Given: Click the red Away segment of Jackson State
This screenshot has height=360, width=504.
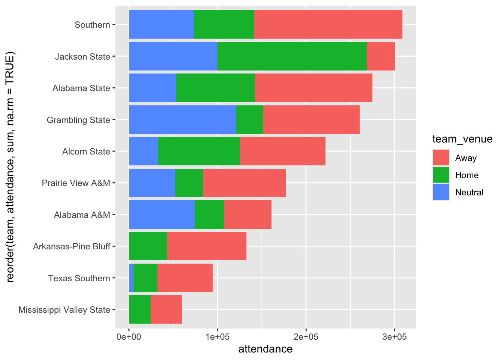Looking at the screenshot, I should (381, 56).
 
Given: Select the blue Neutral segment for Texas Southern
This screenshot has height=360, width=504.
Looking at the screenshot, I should (131, 278).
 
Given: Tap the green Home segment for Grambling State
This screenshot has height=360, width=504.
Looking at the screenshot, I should (249, 120).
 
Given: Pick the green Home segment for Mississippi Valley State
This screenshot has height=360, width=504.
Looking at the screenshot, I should (140, 309).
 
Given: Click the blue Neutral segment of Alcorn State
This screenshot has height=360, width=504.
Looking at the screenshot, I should (144, 151).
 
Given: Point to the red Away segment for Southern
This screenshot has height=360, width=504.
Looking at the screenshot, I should (328, 24).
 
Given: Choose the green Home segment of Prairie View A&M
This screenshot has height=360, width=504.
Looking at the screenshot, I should (189, 183).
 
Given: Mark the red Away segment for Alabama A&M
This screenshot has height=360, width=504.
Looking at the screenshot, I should (247, 214).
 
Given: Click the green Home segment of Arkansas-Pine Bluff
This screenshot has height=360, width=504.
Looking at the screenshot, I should (148, 246).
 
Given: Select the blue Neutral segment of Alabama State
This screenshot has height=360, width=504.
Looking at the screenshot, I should (153, 88).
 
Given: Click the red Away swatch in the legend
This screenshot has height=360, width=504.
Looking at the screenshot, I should (441, 158).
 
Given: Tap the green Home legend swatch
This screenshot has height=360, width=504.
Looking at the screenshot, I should (441, 175).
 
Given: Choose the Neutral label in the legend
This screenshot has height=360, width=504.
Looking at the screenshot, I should (469, 192).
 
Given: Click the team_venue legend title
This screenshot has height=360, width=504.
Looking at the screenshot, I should (462, 139).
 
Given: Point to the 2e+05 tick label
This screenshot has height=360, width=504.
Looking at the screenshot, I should (306, 336).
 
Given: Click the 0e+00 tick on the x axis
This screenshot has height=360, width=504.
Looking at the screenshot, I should (129, 336).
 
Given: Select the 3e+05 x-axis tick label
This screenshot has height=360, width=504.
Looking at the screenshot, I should (394, 336).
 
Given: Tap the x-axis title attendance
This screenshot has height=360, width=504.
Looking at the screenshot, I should (265, 349).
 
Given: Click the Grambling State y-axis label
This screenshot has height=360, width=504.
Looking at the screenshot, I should (78, 120).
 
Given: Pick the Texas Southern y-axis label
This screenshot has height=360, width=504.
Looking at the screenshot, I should (79, 278).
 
